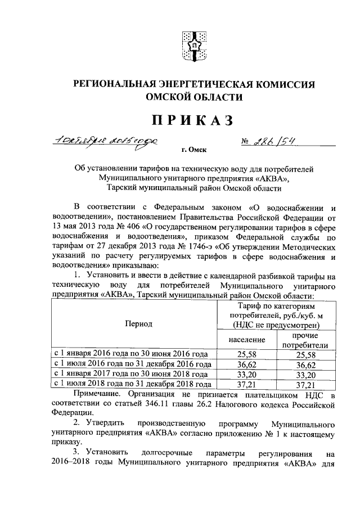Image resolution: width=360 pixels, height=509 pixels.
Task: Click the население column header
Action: (x=247, y=340)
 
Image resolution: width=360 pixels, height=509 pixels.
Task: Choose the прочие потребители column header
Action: (x=304, y=340)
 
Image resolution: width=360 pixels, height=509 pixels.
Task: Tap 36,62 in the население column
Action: (x=247, y=364)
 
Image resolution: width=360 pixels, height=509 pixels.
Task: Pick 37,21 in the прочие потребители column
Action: (x=304, y=384)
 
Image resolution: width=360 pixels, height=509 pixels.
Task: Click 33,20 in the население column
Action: (x=247, y=374)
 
